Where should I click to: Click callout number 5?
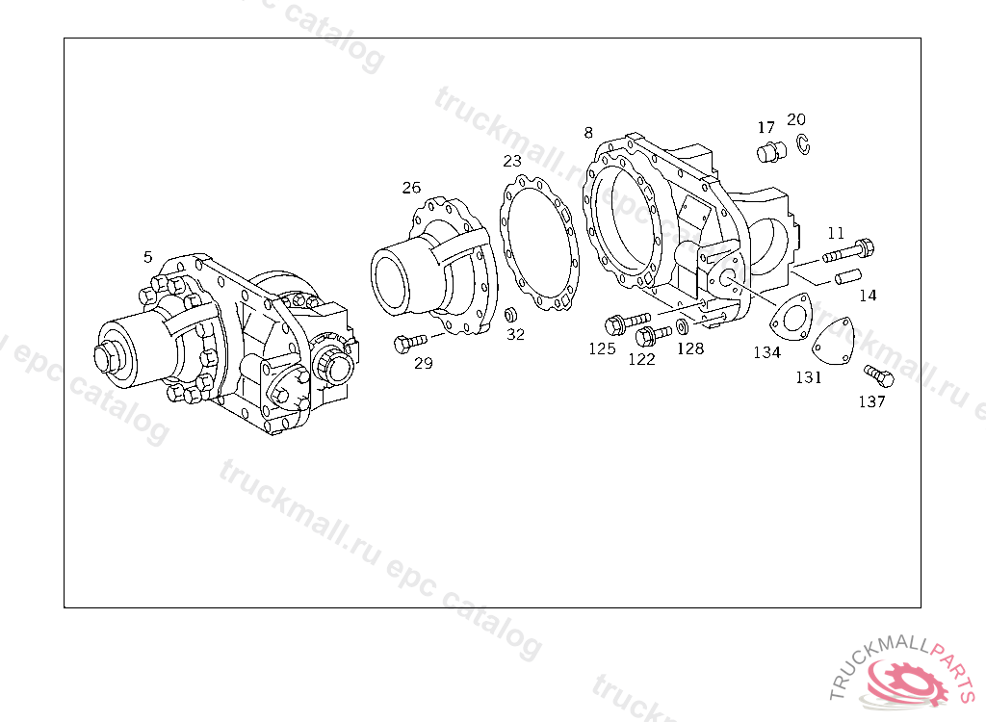(147, 257)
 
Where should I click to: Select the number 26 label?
(411, 188)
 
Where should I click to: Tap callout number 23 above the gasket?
(512, 161)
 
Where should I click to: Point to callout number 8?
(588, 132)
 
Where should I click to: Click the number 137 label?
(871, 401)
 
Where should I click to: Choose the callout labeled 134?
(766, 352)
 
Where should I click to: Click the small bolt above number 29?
(410, 343)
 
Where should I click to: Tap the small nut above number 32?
(511, 315)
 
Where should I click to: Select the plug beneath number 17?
(771, 152)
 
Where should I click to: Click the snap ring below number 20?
(804, 144)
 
